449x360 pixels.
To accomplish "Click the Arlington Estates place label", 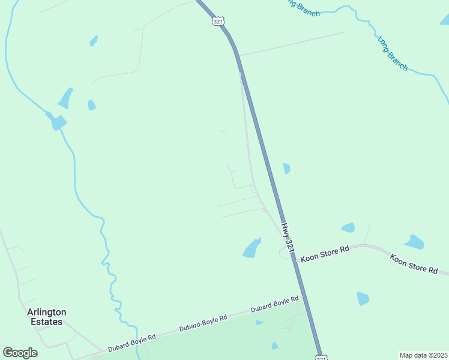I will pos(46,317).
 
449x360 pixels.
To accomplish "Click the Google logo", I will pos(20,353).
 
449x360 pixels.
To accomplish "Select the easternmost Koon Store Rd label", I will pos(414,264).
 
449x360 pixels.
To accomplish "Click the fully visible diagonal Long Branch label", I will pos(393,53).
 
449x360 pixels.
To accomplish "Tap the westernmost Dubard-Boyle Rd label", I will pos(131,340).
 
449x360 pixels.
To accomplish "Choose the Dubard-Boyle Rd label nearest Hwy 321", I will pos(274,304).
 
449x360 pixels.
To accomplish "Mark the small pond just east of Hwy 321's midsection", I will pos(286,169).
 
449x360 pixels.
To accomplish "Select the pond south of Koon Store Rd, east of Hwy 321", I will pos(363,298).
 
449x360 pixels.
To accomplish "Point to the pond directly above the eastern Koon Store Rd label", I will pos(414,242).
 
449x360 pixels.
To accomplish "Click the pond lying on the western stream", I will pos(58,122).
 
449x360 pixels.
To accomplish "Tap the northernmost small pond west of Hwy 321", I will pos(94,40).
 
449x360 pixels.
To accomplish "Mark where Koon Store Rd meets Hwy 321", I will pos(294,259).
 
